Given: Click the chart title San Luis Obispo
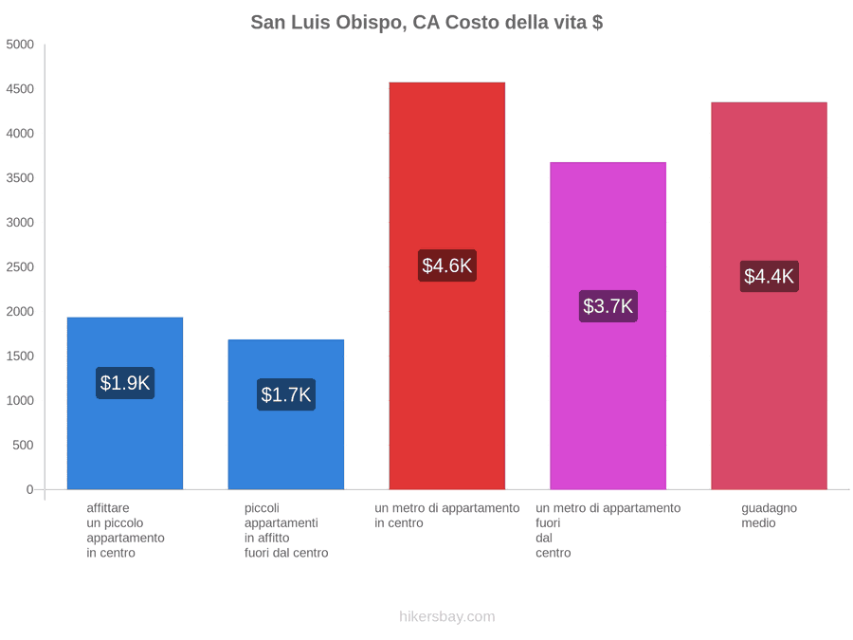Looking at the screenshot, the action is (x=426, y=23).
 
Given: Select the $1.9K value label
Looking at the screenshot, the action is (x=125, y=383).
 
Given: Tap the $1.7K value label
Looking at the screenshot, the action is (x=286, y=394).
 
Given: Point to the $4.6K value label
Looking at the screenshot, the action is (x=447, y=265).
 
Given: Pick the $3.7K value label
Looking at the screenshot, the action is (x=608, y=306).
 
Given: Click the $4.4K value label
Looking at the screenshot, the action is (x=770, y=277).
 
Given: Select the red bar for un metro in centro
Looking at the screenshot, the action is (x=447, y=285).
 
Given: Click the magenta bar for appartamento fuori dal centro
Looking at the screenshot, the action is (x=608, y=326).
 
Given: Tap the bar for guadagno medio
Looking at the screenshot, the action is (x=770, y=296).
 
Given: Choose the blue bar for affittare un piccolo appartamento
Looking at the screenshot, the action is (x=125, y=403).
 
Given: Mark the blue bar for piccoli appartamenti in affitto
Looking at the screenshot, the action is (x=286, y=414).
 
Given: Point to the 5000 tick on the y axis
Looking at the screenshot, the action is (x=20, y=45).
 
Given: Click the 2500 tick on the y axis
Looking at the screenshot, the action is (x=20, y=267).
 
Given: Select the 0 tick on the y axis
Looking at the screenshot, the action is (x=30, y=490).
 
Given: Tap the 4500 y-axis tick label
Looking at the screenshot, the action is (x=20, y=89).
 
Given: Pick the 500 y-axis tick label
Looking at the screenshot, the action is (x=24, y=446).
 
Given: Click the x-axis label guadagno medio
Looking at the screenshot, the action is (x=770, y=516).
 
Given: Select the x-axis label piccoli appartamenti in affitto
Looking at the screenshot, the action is (x=286, y=531).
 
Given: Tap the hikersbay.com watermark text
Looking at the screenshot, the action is (x=447, y=616).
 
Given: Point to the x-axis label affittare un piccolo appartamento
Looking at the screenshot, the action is (x=125, y=531).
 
